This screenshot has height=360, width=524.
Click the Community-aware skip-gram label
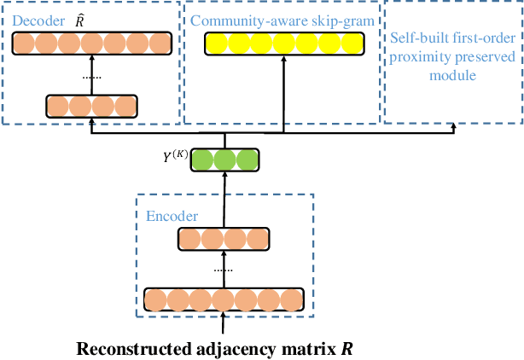tap(282, 19)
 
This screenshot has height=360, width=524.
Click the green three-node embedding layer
tap(224, 160)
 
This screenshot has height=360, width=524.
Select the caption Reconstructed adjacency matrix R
tap(214, 349)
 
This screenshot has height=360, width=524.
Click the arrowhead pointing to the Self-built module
tap(454, 128)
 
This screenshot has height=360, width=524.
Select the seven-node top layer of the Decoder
tap(91, 43)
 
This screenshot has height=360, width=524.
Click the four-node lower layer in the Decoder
tap(91, 106)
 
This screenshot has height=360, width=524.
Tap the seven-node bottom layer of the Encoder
tap(224, 299)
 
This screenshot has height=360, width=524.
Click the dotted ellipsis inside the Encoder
tap(224, 270)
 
